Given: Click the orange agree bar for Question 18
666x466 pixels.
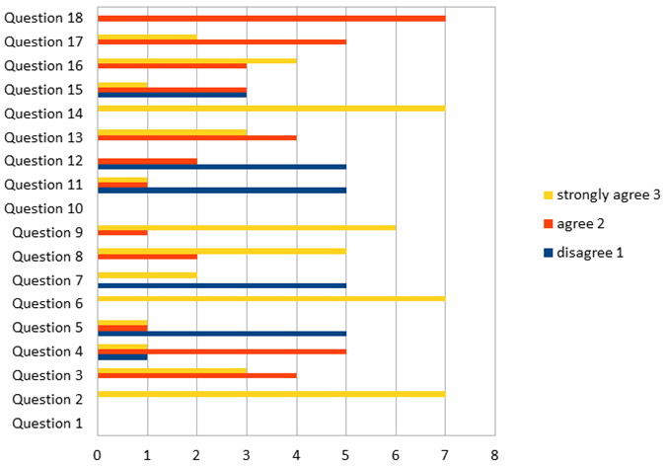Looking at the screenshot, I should point(271,19).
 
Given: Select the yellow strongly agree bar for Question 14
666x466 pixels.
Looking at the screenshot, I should point(271,108).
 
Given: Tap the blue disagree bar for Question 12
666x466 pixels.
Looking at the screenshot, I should point(222,166).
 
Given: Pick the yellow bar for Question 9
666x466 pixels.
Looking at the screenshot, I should point(247,227).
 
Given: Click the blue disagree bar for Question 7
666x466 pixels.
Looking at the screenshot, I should point(222,285).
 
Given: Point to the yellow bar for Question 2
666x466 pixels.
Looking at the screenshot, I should point(271,394).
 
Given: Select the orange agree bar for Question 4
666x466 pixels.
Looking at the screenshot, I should point(222,350).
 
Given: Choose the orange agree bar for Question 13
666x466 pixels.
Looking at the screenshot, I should point(197,137).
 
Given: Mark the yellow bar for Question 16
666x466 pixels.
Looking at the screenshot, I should point(197,60).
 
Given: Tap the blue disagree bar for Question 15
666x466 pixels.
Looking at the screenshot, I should point(173,95).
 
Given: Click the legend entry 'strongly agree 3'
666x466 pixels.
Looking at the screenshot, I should point(601,194).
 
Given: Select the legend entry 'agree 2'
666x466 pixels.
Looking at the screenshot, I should point(582,223).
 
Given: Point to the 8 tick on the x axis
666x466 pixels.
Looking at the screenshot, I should point(494,455).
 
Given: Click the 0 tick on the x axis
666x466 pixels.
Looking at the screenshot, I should point(98,455).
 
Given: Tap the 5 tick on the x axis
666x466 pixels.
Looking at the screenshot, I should point(345,455).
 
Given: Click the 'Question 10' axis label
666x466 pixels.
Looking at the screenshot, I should point(46,208).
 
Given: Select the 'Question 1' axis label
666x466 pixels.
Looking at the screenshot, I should point(49,424).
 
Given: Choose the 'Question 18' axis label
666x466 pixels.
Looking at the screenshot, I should point(46,18).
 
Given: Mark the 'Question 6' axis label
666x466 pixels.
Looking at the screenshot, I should point(49,304).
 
